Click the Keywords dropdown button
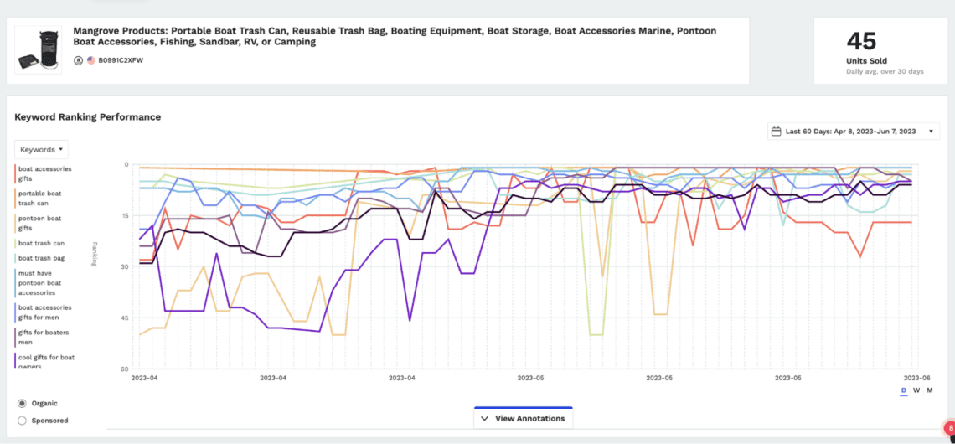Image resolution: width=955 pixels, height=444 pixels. [42, 150]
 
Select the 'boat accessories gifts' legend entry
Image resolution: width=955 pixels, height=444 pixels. [44, 173]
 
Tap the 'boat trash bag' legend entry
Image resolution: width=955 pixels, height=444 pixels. [41, 258]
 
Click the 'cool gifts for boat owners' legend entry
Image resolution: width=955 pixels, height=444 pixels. [46, 361]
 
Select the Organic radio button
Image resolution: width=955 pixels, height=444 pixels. [22, 403]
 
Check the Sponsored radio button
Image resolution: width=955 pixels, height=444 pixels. [22, 420]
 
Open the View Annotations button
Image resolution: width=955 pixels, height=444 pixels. [524, 418]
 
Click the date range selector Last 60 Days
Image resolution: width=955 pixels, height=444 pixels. [853, 132]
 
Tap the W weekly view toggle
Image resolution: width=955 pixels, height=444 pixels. [916, 390]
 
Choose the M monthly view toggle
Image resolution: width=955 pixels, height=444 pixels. [930, 390]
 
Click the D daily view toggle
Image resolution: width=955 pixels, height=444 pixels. [903, 390]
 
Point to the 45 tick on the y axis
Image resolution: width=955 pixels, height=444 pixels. [123, 318]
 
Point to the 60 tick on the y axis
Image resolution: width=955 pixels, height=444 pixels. [123, 369]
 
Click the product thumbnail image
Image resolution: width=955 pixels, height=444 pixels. [39, 50]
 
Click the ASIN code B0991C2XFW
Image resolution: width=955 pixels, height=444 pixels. [121, 60]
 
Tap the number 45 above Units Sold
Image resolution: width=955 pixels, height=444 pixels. [860, 41]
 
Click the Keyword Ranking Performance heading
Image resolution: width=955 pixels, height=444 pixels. [87, 117]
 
